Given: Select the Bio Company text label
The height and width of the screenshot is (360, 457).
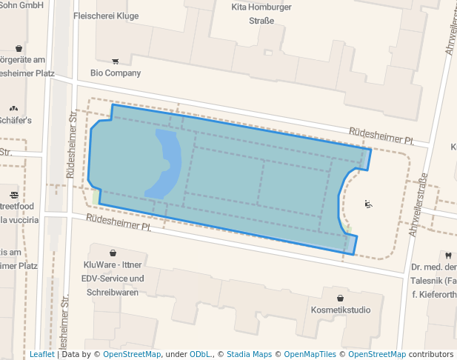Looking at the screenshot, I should click(116, 73).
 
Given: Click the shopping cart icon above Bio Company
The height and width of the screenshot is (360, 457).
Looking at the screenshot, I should click(115, 61).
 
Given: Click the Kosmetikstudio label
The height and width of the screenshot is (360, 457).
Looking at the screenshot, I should click(341, 310).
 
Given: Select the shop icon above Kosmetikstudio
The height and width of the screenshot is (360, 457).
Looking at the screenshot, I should click(340, 298).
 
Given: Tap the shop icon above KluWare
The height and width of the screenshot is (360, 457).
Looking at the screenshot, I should click(113, 253).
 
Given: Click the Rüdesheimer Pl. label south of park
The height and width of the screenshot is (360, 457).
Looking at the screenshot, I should click(119, 223).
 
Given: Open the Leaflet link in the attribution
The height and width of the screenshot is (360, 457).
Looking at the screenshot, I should click(41, 354).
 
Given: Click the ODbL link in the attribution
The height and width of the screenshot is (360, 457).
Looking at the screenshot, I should click(199, 354).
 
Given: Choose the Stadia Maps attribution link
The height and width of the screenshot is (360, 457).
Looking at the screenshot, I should click(249, 354).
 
